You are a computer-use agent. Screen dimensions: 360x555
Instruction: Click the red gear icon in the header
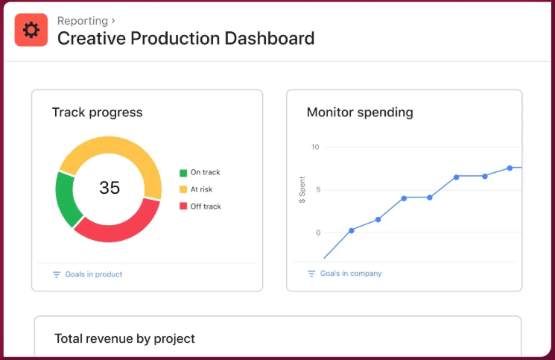[x=31, y=30]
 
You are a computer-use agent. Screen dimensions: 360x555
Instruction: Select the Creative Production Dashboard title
[x=185, y=38]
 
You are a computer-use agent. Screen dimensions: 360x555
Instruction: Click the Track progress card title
[x=97, y=113]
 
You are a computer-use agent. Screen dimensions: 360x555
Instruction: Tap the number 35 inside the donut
[x=110, y=188]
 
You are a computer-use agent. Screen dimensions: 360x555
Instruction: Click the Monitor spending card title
[x=360, y=113]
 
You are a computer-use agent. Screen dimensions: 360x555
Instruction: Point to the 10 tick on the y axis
[x=315, y=147]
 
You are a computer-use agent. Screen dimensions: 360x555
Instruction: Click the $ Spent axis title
[x=302, y=190]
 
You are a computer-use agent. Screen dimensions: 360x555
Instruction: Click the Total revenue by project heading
[x=124, y=338]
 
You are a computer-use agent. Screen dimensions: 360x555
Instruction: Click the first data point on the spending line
[x=352, y=230]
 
